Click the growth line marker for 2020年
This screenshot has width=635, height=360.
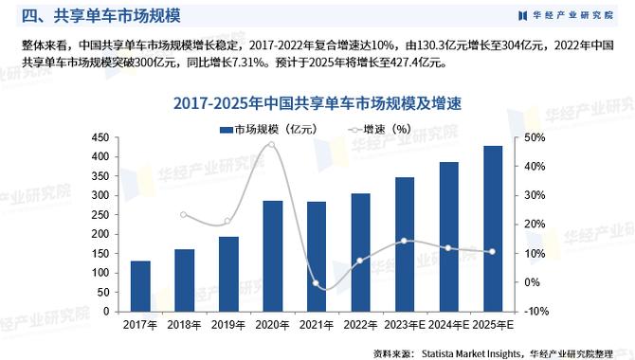coord(272,144)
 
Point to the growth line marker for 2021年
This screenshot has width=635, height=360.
coord(317,285)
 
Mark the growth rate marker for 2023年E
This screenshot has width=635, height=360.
coord(405,241)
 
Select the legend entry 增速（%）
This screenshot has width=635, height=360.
coord(378,129)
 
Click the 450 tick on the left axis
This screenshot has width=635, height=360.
coord(100,138)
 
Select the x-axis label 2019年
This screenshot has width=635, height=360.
coord(228,324)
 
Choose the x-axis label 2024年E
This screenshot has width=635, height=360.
coord(448,324)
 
